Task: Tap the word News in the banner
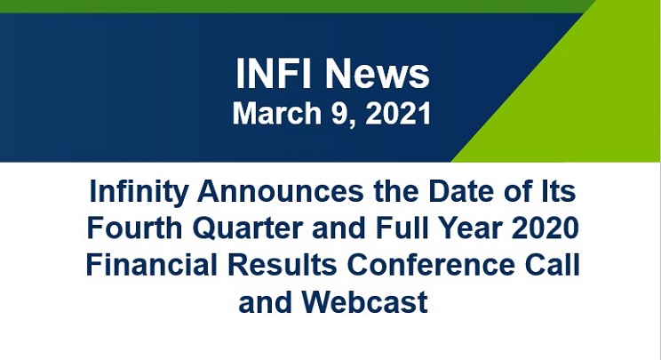pos(374,75)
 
